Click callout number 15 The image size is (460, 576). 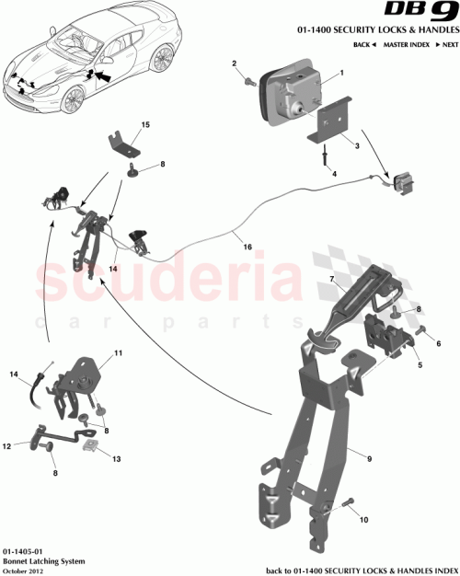144,123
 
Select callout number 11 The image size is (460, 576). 118,353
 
